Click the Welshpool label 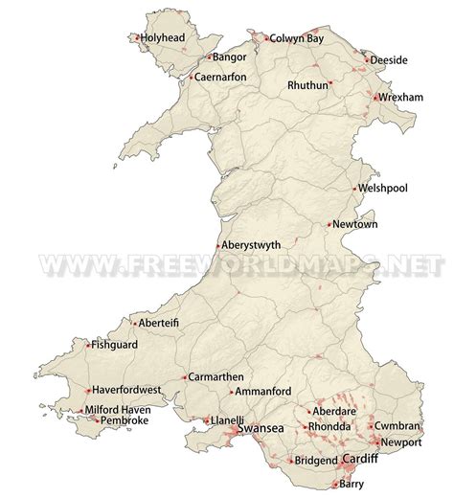[385, 188]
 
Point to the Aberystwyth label [258, 244]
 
